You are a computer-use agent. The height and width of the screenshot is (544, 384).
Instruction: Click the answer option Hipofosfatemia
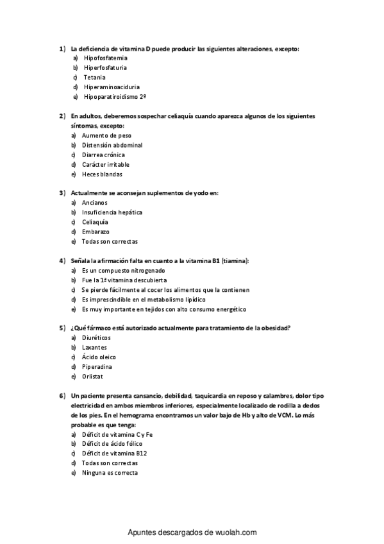tap(105, 58)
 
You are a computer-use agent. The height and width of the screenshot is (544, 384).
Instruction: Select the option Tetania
tap(95, 77)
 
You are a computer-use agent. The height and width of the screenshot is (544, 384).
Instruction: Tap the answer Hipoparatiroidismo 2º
tap(115, 96)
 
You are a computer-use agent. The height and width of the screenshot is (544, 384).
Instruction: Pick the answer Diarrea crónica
tap(103, 155)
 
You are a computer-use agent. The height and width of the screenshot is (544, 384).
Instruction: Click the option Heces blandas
tap(102, 174)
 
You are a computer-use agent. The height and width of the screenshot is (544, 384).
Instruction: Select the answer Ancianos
tap(95, 203)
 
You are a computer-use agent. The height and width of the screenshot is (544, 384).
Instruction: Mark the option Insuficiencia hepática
tap(112, 212)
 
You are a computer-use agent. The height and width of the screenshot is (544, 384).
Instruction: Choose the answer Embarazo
tap(96, 232)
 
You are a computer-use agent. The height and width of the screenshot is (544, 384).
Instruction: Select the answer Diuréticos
tap(96, 338)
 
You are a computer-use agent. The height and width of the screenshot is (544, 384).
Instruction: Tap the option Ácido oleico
tap(99, 357)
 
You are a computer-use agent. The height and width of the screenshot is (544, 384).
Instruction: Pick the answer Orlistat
tap(92, 377)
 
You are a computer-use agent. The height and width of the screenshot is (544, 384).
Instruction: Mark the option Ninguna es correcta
tap(110, 472)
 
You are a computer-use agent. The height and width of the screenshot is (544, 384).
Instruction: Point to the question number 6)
tap(62, 396)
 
